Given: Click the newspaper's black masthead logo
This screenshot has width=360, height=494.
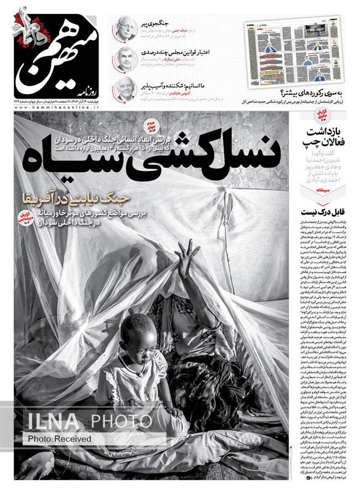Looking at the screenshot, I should coord(53,52).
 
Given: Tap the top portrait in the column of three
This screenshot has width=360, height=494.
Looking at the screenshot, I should coord(126,29).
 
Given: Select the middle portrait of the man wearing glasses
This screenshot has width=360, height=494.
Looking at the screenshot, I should coord(126,59).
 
